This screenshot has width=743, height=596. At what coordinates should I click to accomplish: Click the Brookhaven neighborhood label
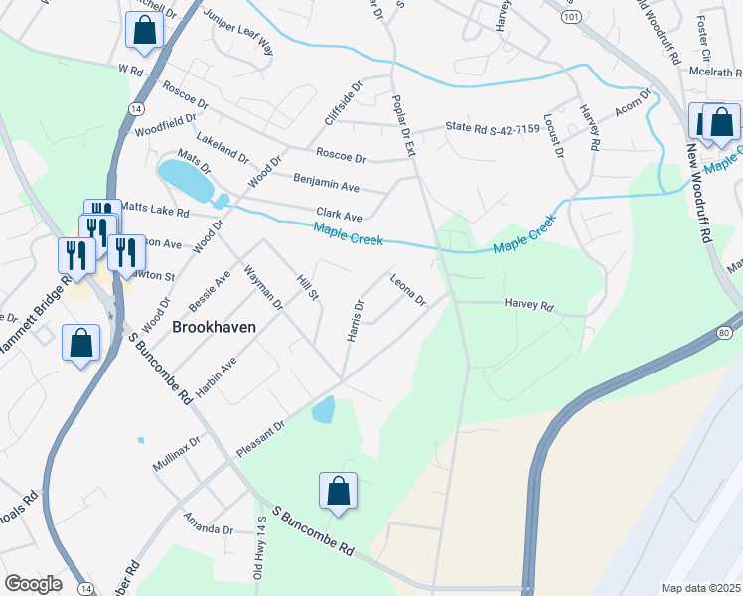pos(215,326)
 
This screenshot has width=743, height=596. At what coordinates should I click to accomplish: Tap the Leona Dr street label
pos(407,290)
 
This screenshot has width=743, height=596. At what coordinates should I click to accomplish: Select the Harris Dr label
pos(355,320)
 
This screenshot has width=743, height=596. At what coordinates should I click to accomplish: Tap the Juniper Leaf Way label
pos(237,31)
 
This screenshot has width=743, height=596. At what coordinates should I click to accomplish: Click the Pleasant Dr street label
pos(260,438)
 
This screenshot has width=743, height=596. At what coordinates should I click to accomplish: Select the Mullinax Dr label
pos(177,452)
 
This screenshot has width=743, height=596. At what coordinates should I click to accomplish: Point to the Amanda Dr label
pos(208,522)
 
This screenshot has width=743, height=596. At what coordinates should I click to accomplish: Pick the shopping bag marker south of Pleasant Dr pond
pos(338,490)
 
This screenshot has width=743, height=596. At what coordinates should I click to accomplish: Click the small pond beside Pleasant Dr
pos(323,408)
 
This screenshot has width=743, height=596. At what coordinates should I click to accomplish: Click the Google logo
pos(34,584)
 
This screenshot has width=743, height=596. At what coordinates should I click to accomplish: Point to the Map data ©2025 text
pos(699,588)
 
